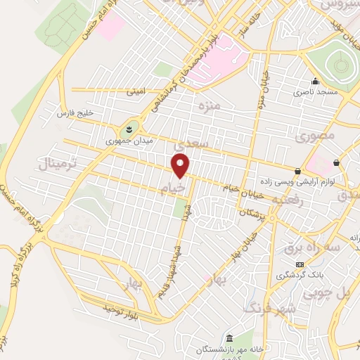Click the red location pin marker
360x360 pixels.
tap(181, 166)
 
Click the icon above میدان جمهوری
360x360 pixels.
tap(129, 129)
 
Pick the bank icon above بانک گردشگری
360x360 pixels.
tap(300, 264)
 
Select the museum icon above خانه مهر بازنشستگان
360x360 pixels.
tap(229, 338)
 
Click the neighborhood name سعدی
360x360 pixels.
tap(192, 143)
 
